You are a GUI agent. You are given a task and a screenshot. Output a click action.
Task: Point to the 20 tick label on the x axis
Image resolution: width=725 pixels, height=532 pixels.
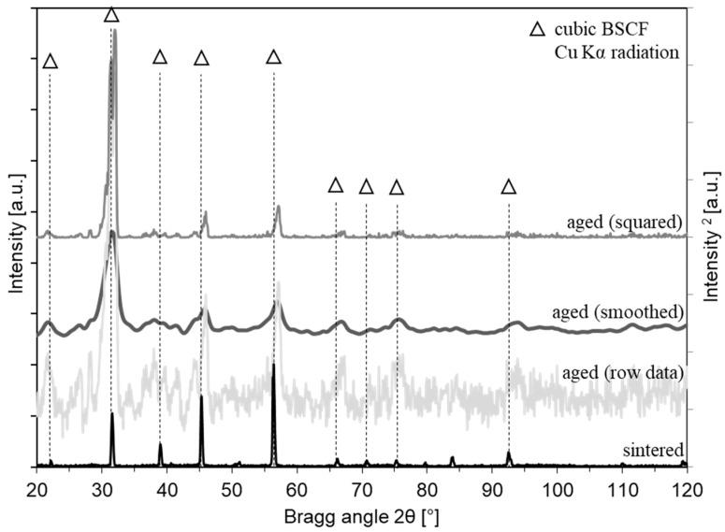point(36,486)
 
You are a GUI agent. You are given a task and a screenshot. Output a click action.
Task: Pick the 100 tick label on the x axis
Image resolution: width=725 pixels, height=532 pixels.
point(557,486)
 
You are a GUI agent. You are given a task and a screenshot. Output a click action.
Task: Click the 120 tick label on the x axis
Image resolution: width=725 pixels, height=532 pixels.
point(686,486)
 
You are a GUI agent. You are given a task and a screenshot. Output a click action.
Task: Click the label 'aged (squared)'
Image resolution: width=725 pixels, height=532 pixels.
point(624,222)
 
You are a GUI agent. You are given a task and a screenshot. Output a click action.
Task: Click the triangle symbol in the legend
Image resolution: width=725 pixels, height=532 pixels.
point(536,30)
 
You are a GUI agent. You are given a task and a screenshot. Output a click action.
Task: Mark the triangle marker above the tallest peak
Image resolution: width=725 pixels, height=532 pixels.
point(111,15)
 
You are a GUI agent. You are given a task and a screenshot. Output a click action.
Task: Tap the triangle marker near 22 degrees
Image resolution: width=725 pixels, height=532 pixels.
point(50,61)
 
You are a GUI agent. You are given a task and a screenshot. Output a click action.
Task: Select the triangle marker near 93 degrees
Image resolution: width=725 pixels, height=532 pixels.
point(508,187)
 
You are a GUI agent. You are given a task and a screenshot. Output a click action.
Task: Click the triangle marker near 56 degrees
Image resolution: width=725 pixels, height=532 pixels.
point(273,57)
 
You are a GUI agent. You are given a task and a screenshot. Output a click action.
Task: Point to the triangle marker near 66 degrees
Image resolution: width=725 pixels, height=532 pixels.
point(336,185)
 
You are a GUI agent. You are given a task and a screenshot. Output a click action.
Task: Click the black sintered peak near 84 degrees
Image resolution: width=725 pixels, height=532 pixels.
point(453,460)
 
